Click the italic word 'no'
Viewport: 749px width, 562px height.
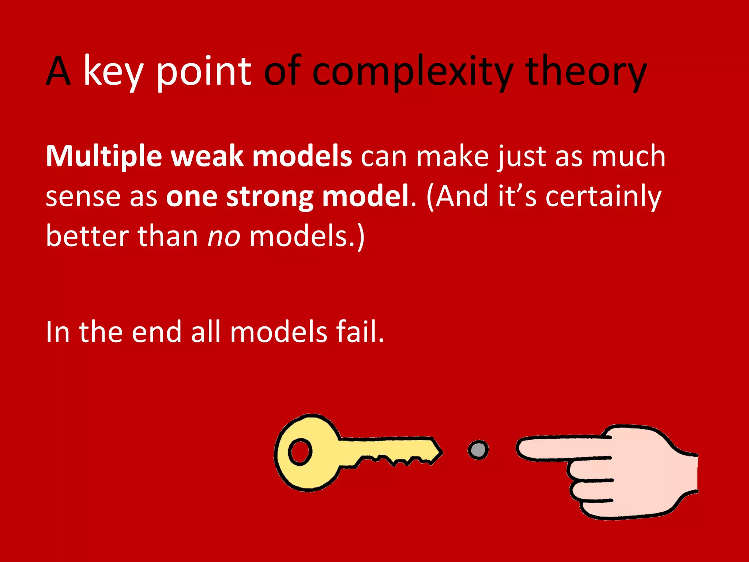click(224, 236)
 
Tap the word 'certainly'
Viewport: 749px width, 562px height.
click(603, 197)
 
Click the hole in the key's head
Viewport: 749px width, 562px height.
click(300, 452)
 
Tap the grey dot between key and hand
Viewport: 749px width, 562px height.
click(478, 450)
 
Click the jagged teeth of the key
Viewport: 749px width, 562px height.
click(395, 460)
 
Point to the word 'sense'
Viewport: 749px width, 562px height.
click(83, 197)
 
